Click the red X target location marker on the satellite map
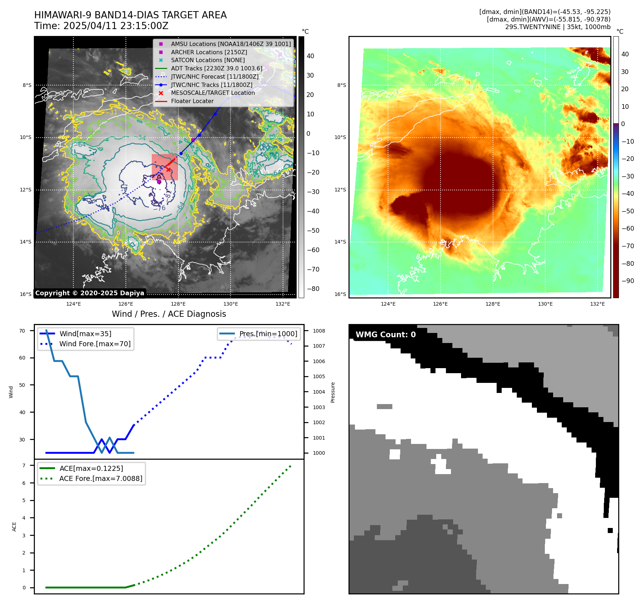click(168, 170)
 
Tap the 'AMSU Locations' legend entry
click(231, 44)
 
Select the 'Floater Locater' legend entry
click(192, 101)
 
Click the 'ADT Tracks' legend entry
click(216, 68)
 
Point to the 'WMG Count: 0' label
click(386, 334)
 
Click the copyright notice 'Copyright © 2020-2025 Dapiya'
click(90, 293)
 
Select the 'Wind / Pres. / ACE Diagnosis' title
click(169, 314)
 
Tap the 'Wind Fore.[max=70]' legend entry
click(95, 344)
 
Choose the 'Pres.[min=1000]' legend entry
click(268, 334)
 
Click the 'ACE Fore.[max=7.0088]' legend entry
click(101, 478)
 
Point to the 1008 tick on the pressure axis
click(319, 331)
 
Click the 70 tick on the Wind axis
click(22, 331)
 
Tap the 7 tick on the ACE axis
click(24, 465)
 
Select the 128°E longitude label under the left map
click(178, 304)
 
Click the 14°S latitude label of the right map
click(340, 242)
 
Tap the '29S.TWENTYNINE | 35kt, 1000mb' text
click(557, 27)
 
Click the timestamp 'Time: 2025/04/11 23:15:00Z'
click(101, 26)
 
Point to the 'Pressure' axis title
click(333, 392)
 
